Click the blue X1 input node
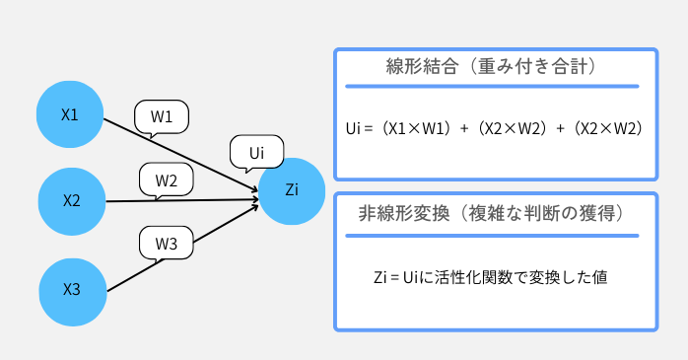[x=71, y=114]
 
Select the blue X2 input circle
[x=72, y=201]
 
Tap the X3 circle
[x=72, y=289]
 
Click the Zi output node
[x=292, y=189]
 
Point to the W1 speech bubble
[x=161, y=116]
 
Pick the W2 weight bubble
[x=166, y=180]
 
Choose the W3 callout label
[x=166, y=244]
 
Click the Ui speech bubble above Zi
[x=256, y=152]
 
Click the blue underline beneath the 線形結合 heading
[x=493, y=87]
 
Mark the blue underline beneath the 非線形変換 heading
[x=493, y=235]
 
